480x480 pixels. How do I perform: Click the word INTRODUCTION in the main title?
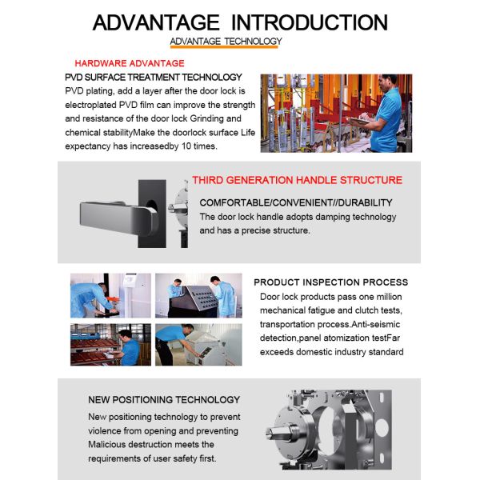(x=309, y=22)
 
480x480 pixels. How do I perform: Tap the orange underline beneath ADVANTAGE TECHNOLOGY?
(x=224, y=47)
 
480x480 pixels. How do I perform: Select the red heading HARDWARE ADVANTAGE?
(x=130, y=63)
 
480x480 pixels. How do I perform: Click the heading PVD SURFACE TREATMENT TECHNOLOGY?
(x=154, y=77)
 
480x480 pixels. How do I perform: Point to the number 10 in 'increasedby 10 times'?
(x=186, y=146)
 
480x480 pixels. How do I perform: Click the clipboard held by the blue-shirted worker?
(x=358, y=121)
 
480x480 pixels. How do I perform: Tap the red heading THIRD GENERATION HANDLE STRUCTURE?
(x=297, y=180)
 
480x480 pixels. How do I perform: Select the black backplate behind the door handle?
(x=152, y=214)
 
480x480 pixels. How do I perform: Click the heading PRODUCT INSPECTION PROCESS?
(x=331, y=282)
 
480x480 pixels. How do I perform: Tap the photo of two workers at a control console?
(x=198, y=295)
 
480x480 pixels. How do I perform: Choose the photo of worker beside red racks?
(x=110, y=345)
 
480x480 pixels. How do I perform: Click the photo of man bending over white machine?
(x=198, y=345)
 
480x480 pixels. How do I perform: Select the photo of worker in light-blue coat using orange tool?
(x=110, y=295)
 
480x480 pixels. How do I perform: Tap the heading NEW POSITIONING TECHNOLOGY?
(x=164, y=400)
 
